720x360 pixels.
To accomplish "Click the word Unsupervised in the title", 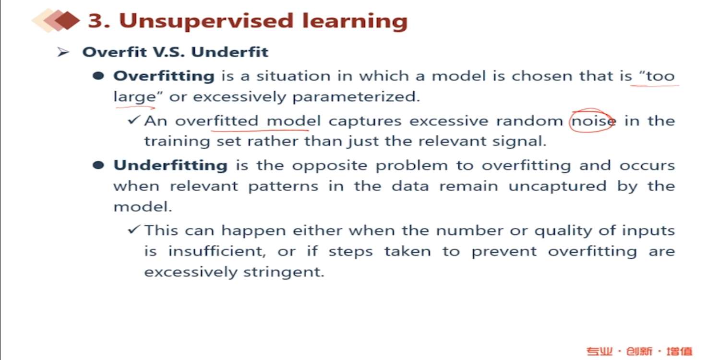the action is (206, 21).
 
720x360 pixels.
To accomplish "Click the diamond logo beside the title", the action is (56, 20).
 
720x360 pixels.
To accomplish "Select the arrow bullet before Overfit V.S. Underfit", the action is (63, 52).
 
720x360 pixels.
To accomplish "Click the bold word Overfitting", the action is (164, 77).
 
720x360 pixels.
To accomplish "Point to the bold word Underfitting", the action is (171, 166).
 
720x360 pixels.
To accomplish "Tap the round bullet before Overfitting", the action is (98, 76).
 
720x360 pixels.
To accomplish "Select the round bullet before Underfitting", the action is (98, 165).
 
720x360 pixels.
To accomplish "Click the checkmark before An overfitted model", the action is (134, 120).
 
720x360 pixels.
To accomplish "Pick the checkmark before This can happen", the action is (134, 229).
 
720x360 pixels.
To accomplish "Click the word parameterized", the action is (356, 97).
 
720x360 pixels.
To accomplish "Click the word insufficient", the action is (217, 251).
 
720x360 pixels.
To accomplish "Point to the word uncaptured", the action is (557, 186).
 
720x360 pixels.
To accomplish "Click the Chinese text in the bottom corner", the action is (639, 351).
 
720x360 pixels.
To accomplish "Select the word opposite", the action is (329, 166).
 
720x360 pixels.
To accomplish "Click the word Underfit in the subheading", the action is (229, 52).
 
